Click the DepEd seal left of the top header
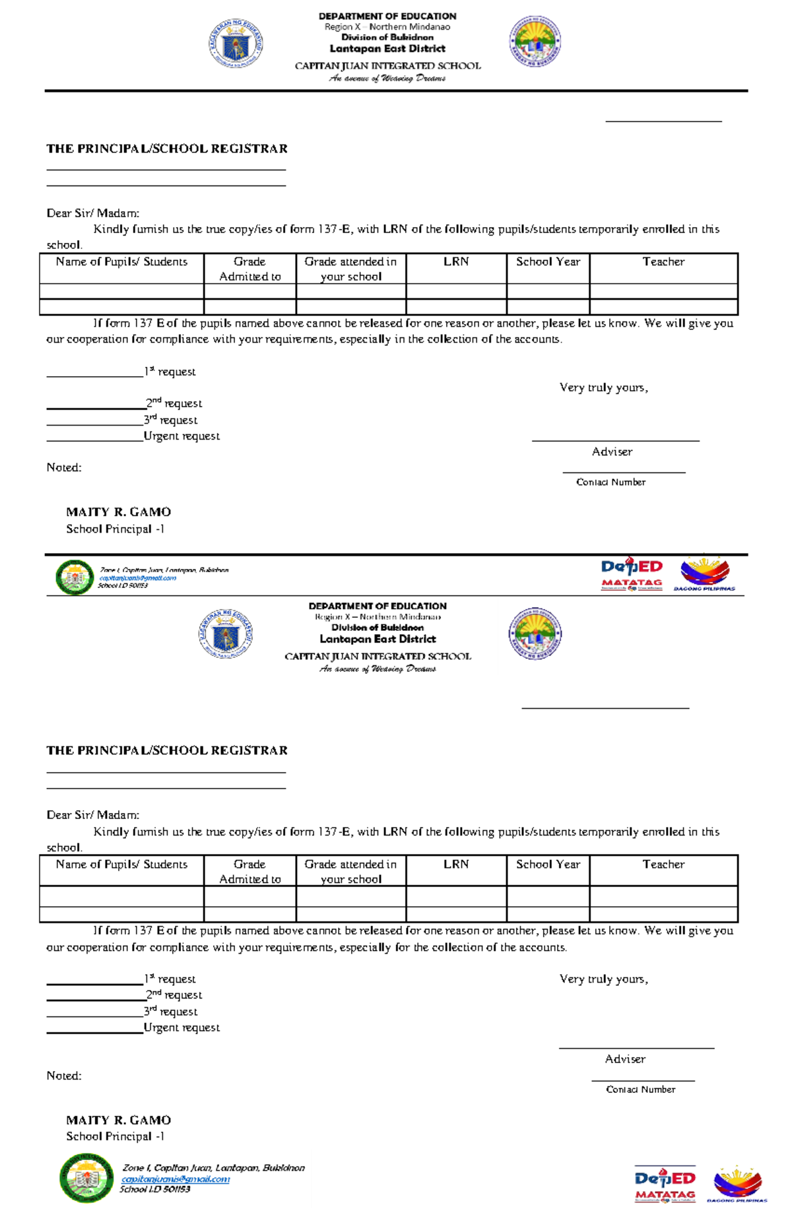tap(236, 44)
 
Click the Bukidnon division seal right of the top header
tap(535, 42)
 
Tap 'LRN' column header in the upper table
tap(456, 262)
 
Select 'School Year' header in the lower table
tap(548, 865)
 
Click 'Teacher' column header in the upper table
tap(663, 262)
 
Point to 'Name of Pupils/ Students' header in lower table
tap(121, 865)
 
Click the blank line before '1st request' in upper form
tap(95, 374)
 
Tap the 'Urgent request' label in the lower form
tap(181, 1028)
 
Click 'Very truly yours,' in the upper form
tap(603, 387)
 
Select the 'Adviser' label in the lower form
tap(625, 1059)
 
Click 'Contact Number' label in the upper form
tap(610, 482)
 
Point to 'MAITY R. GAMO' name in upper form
tap(118, 512)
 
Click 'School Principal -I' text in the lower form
tap(115, 1136)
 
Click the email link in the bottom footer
tap(176, 1179)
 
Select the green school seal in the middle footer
tap(75, 577)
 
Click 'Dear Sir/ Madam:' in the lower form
tap(92, 815)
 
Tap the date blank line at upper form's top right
tap(663, 119)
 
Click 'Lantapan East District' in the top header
tap(387, 49)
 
